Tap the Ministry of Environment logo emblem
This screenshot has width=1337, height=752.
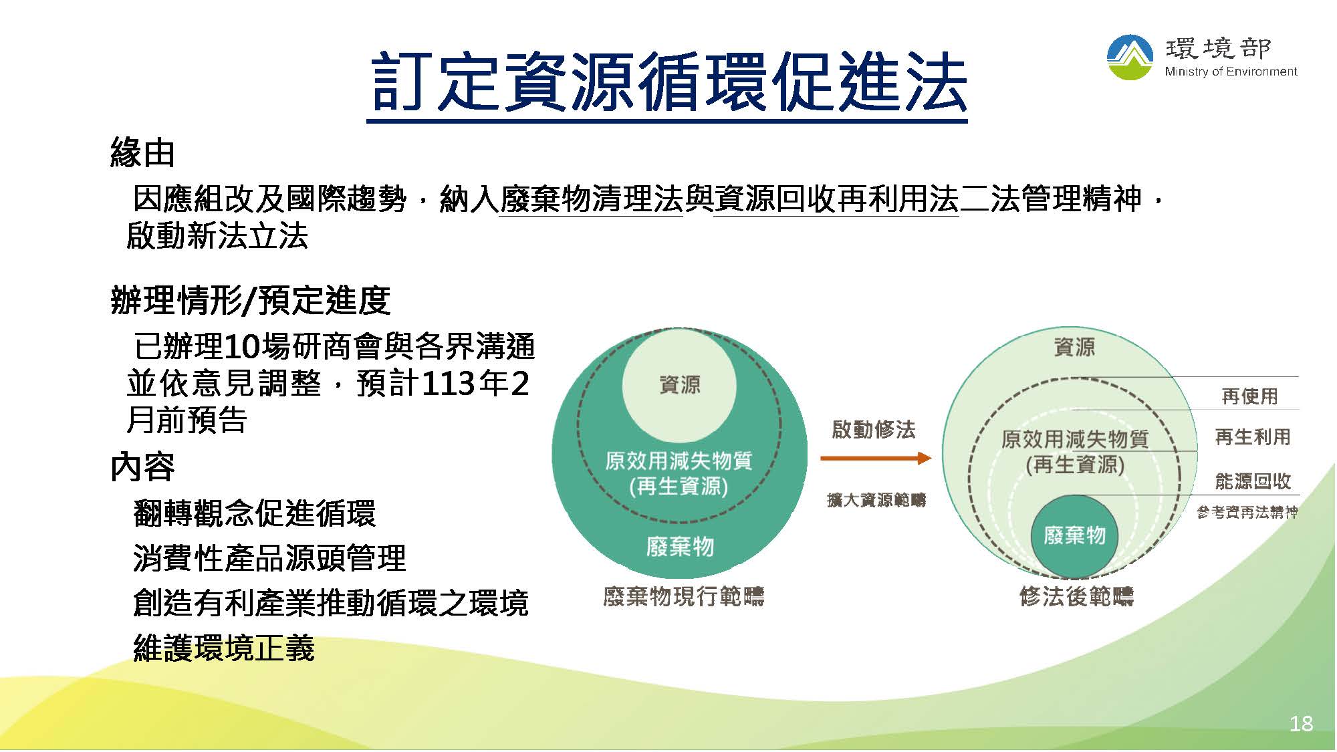[x=1130, y=57]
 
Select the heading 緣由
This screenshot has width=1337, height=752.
[x=142, y=153]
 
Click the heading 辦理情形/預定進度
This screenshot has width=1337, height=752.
[x=250, y=300]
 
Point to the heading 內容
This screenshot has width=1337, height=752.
[x=142, y=467]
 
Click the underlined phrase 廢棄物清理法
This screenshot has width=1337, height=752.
[x=592, y=199]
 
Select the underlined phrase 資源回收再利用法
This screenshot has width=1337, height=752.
[x=836, y=199]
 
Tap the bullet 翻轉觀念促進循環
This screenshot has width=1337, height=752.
[x=255, y=513]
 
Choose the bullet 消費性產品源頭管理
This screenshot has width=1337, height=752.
[x=269, y=558]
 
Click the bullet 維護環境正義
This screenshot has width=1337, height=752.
[x=224, y=648]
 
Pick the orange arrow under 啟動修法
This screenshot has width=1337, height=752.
[x=876, y=458]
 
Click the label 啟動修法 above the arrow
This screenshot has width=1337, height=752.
[x=874, y=429]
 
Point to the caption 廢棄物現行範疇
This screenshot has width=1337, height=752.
[x=683, y=596]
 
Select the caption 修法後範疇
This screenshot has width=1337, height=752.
[x=1076, y=596]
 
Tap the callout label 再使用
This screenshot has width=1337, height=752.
[x=1249, y=396]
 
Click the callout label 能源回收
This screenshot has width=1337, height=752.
[x=1253, y=481]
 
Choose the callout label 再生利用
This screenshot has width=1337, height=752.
[x=1253, y=437]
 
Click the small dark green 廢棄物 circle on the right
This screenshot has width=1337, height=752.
[x=1074, y=536]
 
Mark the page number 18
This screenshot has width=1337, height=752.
[x=1301, y=723]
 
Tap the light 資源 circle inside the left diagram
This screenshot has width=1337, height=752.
[x=679, y=385]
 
